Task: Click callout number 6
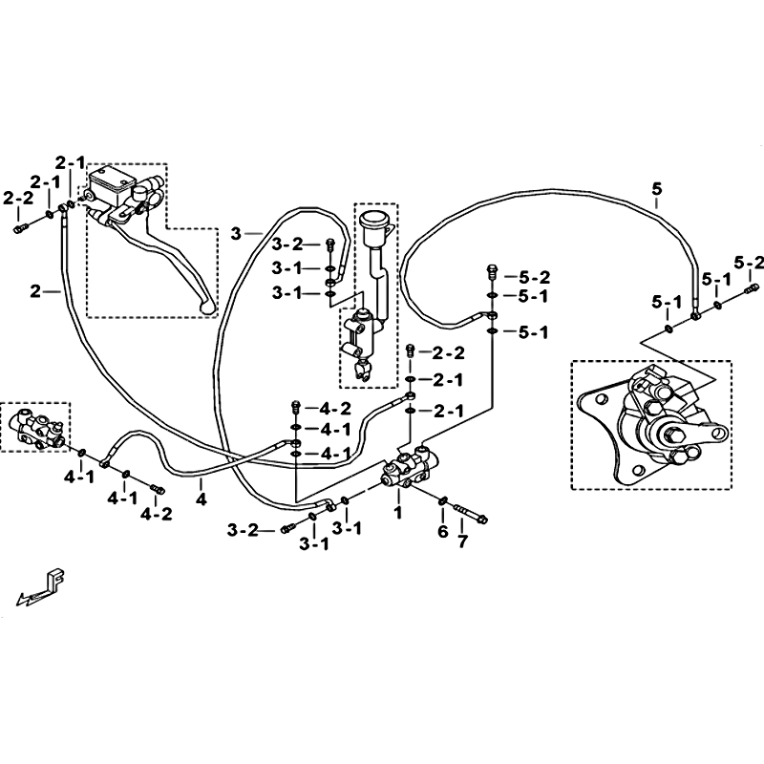tap(442, 532)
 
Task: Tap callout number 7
tap(462, 541)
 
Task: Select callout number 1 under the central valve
tap(398, 512)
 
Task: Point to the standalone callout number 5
tap(657, 189)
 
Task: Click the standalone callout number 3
tap(236, 234)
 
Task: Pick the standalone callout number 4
tap(202, 499)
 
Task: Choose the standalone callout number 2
tap(35, 292)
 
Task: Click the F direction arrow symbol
tap(42, 586)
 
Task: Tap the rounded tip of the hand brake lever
tap(208, 307)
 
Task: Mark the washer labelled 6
tap(443, 500)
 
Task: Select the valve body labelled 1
tap(410, 467)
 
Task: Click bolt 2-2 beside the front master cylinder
tap(21, 227)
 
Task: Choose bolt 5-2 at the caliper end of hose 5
tap(753, 289)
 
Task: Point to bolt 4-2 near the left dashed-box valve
tap(158, 488)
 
